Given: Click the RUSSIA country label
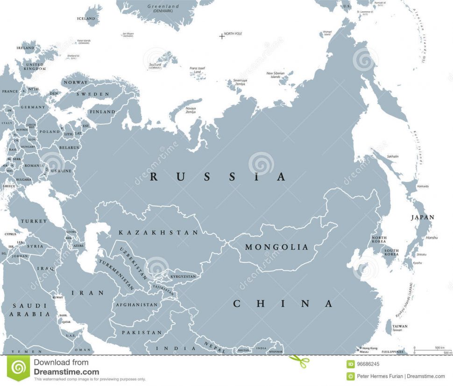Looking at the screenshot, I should pos(217,177).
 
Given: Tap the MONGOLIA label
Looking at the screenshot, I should pos(277,247).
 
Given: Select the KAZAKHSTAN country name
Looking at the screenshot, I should pos(158,232).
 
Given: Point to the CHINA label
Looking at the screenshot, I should pos(283,304).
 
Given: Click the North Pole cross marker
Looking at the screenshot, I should pos(221,35).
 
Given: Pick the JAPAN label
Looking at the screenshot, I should pos(422,217).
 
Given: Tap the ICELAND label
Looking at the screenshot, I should pos(86,19).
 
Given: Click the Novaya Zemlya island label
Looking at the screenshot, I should pos(191,110).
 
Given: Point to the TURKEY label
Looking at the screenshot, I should pos(34,221).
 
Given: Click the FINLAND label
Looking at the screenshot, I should pos(103,112).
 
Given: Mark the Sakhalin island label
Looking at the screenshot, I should pos(393,156).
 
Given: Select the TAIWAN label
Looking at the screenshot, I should pos(399,326).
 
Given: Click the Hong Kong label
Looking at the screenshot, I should pos(369,348).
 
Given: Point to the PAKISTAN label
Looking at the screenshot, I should pos(142,333).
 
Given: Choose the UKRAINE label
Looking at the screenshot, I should pos(61,171).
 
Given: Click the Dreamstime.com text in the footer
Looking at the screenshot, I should pos(66,372).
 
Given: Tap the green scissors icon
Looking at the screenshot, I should pos(299,361).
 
